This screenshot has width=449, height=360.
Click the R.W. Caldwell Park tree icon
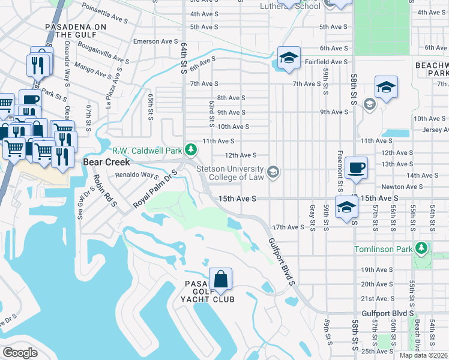pyautogui.click(x=191, y=149)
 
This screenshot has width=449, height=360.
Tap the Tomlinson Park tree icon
pyautogui.click(x=421, y=248)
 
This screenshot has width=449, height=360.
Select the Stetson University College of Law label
pyautogui.click(x=230, y=173)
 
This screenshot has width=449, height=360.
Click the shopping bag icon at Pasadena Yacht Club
pyautogui.click(x=221, y=279)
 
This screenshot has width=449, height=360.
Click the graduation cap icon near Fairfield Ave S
pyautogui.click(x=289, y=58)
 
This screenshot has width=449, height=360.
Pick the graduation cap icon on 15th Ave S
pyautogui.click(x=346, y=207)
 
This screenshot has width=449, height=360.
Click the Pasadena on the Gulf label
pyautogui.click(x=76, y=32)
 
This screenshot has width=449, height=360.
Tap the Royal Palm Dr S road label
pyautogui.click(x=155, y=189)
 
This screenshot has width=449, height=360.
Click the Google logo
pyautogui.click(x=20, y=353)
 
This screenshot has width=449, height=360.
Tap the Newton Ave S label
pyautogui.click(x=402, y=187)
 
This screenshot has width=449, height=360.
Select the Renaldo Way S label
pyautogui.click(x=136, y=176)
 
